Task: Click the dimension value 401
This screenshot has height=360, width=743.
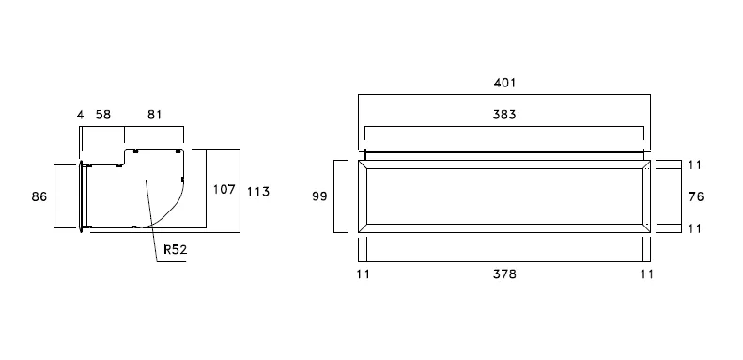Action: [504, 83]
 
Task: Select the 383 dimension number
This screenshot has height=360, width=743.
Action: [504, 115]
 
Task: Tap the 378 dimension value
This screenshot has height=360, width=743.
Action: [504, 274]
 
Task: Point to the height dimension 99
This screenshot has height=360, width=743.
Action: [320, 196]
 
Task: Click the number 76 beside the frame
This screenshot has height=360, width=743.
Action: [696, 196]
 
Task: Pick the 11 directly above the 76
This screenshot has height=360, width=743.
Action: [694, 165]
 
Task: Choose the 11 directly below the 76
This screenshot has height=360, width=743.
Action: [694, 228]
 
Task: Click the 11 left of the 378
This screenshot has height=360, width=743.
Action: [363, 274]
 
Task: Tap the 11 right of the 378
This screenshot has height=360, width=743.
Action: [646, 274]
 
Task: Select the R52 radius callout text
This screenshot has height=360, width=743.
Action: [176, 249]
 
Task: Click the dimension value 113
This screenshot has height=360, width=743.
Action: [258, 192]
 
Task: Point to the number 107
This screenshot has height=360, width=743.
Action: [224, 189]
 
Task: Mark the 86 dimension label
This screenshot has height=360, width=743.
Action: [39, 196]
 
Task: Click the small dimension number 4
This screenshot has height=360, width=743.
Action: [80, 115]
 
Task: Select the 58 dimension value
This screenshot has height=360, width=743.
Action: [103, 115]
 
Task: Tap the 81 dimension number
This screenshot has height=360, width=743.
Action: [154, 115]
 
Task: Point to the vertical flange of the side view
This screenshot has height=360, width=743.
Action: [81, 196]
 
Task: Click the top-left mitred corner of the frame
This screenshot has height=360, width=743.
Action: [363, 164]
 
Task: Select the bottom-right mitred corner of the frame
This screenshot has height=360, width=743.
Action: [646, 228]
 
